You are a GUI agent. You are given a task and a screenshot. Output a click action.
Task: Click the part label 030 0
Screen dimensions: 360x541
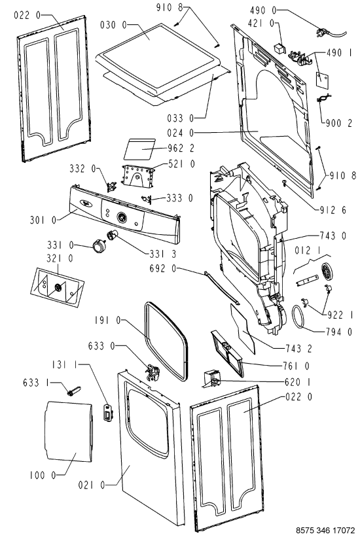coord(113,25)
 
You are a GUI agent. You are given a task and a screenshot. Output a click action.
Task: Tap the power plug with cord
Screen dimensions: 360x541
coord(331,33)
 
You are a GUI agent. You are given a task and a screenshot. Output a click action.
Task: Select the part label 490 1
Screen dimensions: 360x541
coord(340,53)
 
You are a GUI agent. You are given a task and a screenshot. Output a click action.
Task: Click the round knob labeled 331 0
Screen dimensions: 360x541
coord(98,246)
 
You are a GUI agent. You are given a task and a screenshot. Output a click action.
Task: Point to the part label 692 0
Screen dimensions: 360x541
coord(163,268)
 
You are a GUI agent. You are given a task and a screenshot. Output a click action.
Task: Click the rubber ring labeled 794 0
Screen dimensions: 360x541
coord(298,317)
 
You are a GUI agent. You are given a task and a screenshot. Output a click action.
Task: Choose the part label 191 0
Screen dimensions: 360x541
coord(108,321)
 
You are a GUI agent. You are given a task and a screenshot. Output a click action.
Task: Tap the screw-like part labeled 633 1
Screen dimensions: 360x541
coord(73,391)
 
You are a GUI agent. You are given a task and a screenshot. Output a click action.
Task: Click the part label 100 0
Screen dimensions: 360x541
coord(43,475)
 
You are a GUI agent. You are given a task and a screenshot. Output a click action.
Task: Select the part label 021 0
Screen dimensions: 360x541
coord(92,485)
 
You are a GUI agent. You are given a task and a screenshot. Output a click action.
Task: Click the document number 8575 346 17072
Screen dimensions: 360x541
coord(325,530)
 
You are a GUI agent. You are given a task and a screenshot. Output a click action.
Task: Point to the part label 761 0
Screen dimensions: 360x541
coord(297,366)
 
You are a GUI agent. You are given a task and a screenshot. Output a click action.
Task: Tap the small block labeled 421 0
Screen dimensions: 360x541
coord(280,49)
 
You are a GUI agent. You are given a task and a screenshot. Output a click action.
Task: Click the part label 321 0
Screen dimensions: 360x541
coord(60,258)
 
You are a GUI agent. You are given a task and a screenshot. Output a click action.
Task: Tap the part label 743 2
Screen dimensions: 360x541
coord(298,349)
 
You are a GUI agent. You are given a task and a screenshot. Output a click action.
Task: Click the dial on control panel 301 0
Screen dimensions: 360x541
coord(121,217)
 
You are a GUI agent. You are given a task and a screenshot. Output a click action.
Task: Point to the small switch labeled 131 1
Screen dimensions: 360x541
coord(109,412)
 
